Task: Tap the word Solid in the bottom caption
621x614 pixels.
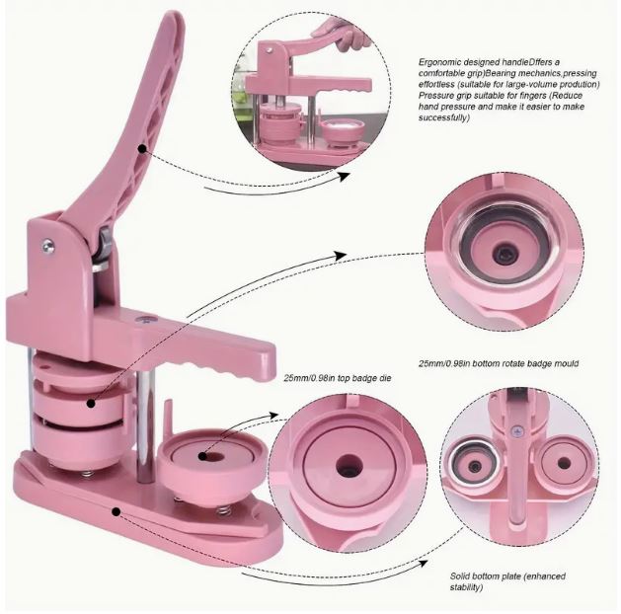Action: click(x=460, y=576)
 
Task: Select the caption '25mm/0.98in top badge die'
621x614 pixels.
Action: click(x=338, y=378)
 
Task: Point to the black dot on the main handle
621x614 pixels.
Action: click(x=142, y=148)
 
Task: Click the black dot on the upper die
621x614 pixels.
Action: click(x=91, y=404)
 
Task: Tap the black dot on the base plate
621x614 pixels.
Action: click(x=116, y=512)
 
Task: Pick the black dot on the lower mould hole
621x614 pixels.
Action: click(x=202, y=456)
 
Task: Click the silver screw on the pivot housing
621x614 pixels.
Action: click(x=48, y=246)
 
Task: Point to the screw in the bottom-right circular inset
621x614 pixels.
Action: click(x=515, y=430)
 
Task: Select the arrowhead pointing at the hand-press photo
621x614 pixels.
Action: click(x=344, y=176)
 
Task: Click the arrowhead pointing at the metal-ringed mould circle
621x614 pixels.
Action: click(x=340, y=256)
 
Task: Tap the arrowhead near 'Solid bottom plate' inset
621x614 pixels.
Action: click(x=423, y=563)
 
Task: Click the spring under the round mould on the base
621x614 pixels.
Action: click(x=224, y=510)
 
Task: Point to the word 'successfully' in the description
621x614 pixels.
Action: click(x=443, y=118)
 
